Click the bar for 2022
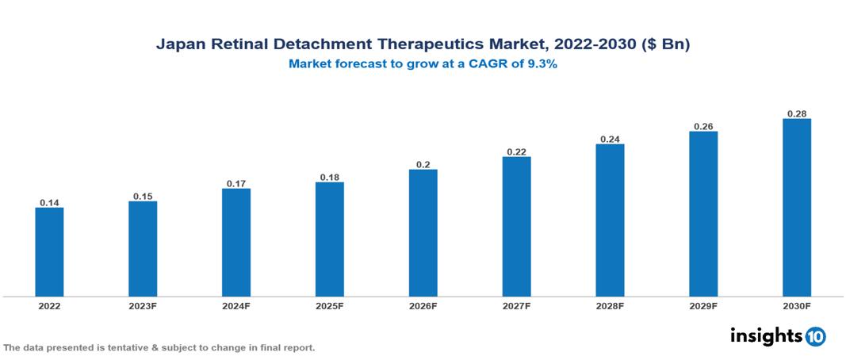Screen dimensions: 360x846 pyautogui.click(x=49, y=251)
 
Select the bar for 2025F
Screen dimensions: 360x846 pyautogui.click(x=329, y=239)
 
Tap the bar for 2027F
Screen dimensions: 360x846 pyautogui.click(x=516, y=226)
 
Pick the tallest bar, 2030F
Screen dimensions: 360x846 pyautogui.click(x=797, y=207)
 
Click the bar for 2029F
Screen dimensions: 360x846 pyautogui.click(x=703, y=213)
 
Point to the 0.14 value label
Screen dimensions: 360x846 pyautogui.click(x=49, y=202)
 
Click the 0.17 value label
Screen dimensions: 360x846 pyautogui.click(x=236, y=183)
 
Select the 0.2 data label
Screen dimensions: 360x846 pyautogui.click(x=423, y=164)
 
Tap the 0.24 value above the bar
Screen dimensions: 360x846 pyautogui.click(x=610, y=139)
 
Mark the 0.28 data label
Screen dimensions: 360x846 pyautogui.click(x=797, y=113)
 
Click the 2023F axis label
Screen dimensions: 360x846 pyautogui.click(x=143, y=305)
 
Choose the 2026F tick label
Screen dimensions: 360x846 pyautogui.click(x=423, y=305)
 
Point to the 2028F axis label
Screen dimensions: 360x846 pyautogui.click(x=610, y=305)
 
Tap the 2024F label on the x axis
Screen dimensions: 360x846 pyautogui.click(x=236, y=305)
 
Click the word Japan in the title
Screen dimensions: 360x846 pyautogui.click(x=179, y=45)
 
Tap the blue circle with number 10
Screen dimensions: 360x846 pyautogui.click(x=816, y=336)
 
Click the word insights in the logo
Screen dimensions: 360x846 pyautogui.click(x=766, y=335)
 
